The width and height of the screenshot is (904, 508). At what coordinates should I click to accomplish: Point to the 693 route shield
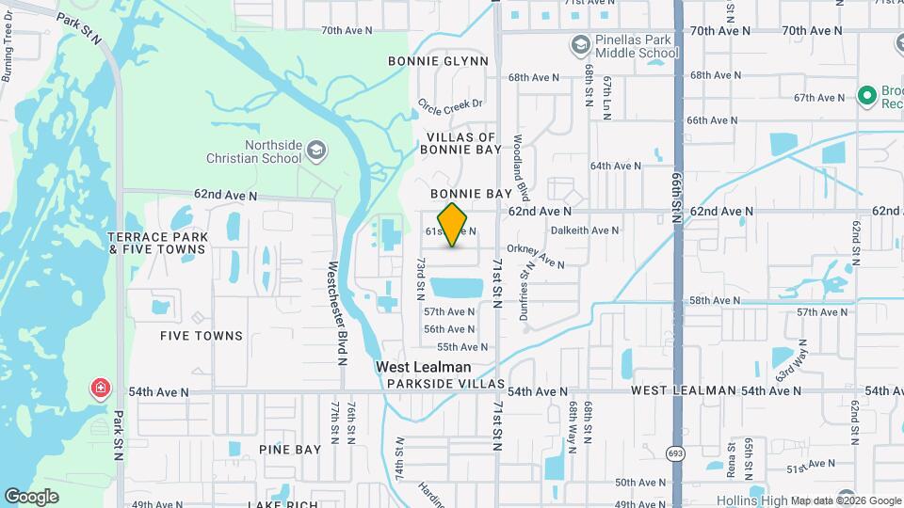click(678, 453)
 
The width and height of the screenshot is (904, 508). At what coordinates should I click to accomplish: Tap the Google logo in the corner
click(31, 496)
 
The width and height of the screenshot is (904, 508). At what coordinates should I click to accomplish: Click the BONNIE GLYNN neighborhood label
click(438, 61)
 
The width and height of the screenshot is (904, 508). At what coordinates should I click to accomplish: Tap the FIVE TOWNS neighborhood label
click(202, 336)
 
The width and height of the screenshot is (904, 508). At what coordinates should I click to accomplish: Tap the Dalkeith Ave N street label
click(585, 230)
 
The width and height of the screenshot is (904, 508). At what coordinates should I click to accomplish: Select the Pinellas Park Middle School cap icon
click(581, 45)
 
